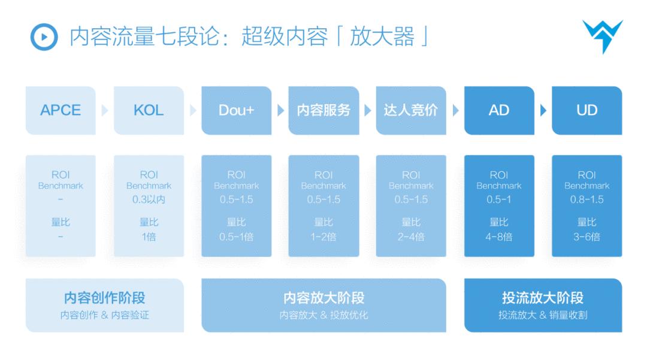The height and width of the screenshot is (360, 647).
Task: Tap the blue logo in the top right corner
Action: click(x=601, y=36)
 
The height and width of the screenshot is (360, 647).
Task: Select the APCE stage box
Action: click(x=61, y=111)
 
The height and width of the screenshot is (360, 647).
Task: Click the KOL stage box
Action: click(x=148, y=111)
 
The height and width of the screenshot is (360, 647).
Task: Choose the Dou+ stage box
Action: click(x=236, y=111)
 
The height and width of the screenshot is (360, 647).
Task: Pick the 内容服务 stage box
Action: click(x=323, y=111)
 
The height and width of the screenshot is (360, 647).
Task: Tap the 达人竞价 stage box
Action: click(x=411, y=111)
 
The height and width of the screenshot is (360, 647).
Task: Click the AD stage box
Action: click(x=499, y=111)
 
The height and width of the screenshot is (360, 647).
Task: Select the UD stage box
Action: click(x=586, y=111)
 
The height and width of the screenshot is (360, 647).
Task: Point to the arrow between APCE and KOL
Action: click(x=105, y=111)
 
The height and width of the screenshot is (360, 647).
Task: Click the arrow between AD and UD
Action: click(x=543, y=111)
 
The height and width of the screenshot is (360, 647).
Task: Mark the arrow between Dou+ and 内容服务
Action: click(x=280, y=111)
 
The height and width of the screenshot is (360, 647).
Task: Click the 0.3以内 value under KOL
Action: click(x=149, y=199)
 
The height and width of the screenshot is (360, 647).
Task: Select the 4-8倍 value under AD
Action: click(x=499, y=237)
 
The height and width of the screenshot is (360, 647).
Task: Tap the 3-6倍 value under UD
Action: click(x=586, y=237)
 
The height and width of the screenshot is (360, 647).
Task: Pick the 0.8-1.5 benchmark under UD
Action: click(x=586, y=199)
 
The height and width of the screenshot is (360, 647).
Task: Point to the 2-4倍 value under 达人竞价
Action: click(x=411, y=237)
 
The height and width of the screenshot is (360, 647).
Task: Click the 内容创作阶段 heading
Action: click(x=104, y=298)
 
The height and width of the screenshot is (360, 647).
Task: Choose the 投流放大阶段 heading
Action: click(x=543, y=298)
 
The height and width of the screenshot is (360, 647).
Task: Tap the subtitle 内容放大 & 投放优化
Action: click(x=323, y=315)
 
